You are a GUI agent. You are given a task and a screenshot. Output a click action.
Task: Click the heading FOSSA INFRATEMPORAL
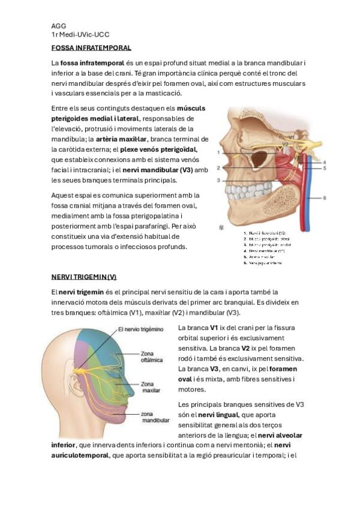pos(91,47)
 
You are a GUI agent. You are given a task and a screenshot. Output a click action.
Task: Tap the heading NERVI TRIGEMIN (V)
pos(84,277)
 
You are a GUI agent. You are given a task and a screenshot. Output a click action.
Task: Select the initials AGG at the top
pos(59,26)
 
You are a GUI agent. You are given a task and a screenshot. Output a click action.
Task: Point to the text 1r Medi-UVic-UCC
pos(80,35)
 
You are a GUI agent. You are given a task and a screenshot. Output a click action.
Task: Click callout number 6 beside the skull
pos(325,197)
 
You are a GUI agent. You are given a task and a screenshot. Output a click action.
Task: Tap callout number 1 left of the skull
pos(219,152)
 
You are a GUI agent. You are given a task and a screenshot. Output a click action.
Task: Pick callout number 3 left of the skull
pos(219,180)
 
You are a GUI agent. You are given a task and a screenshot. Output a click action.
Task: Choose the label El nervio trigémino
pos(140,329)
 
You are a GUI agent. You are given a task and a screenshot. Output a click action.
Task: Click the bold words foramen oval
pos(283,369)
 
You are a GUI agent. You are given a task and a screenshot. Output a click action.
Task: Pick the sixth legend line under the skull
pos(263,262)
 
